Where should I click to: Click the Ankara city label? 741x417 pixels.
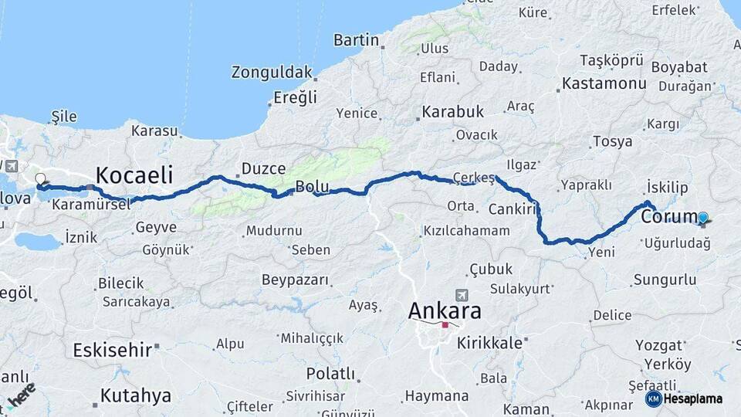click(x=445, y=311)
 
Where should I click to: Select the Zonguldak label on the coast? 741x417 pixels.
click(x=272, y=73)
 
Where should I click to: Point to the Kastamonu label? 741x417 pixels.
click(x=604, y=83)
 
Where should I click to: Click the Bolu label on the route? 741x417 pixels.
click(x=312, y=186)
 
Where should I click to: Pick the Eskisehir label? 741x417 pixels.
click(x=113, y=350)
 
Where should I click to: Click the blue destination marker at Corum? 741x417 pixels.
click(x=703, y=218)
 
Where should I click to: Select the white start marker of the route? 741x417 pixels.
click(x=40, y=179)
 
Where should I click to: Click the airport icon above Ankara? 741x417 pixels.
click(x=462, y=294)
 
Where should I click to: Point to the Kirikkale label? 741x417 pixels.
click(x=489, y=343)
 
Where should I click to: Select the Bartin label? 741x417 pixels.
click(x=356, y=39)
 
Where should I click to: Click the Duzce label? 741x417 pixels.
click(x=263, y=168)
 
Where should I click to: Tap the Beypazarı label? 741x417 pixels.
click(x=296, y=279)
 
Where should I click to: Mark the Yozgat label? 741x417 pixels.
click(x=658, y=344)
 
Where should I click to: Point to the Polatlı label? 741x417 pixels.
click(x=330, y=373)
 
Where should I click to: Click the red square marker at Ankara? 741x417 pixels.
click(x=445, y=325)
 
